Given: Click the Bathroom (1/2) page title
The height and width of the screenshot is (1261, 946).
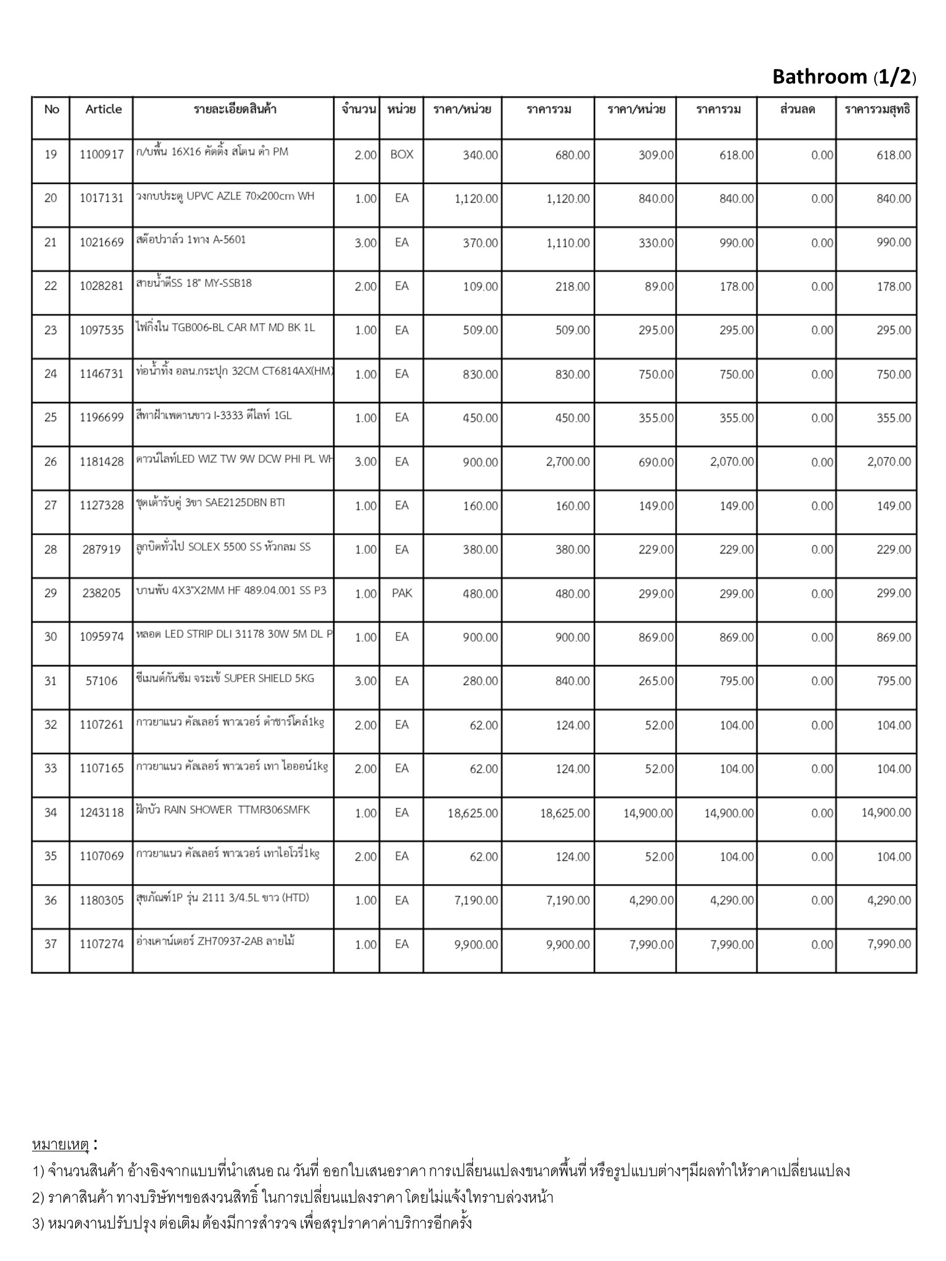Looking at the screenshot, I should click(x=844, y=77).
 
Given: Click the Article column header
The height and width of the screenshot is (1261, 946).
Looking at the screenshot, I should click(x=103, y=110).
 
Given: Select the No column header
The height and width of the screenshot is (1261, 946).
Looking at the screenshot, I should click(x=52, y=110).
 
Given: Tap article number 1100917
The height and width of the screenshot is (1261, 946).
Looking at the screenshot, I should click(x=102, y=155).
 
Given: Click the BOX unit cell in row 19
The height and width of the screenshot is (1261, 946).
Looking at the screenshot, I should click(x=402, y=155).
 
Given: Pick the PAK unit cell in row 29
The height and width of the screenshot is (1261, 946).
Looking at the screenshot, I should click(x=402, y=594).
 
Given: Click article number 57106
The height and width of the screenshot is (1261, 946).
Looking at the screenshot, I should click(x=100, y=681).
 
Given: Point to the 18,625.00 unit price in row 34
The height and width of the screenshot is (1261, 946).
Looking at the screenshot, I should click(x=473, y=813).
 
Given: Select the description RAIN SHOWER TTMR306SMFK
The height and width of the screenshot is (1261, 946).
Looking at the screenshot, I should click(x=223, y=810).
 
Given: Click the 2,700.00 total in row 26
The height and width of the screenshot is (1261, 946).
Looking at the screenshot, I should click(x=568, y=462).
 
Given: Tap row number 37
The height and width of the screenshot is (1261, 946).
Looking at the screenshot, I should click(x=51, y=944).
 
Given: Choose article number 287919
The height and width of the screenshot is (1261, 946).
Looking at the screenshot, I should click(x=102, y=549).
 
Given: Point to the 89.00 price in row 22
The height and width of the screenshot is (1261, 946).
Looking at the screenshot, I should click(x=659, y=286).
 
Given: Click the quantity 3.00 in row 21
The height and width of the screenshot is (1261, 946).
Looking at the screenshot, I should click(x=365, y=243).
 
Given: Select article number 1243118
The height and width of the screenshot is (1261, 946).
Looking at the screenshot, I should click(x=102, y=813).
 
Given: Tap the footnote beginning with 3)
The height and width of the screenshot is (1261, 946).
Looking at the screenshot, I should click(x=253, y=1223).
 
